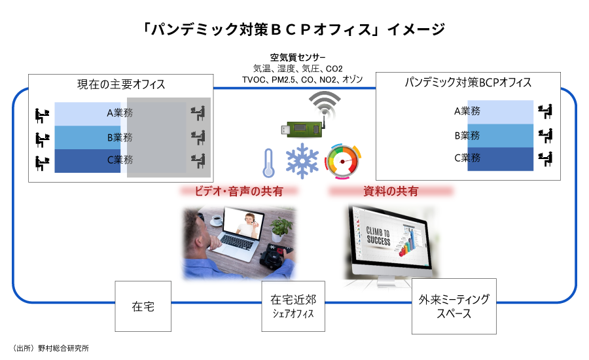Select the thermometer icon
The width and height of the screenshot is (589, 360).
click(x=268, y=163)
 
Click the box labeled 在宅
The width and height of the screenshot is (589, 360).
click(x=143, y=306)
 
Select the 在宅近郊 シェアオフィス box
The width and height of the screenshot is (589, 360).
click(x=293, y=306)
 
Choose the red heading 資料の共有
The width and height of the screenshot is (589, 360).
click(x=391, y=191)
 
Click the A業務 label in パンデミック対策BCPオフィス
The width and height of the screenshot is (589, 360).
click(x=467, y=111)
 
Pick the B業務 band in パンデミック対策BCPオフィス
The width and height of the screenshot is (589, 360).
click(x=501, y=135)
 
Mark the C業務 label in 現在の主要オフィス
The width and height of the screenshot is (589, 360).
click(x=120, y=160)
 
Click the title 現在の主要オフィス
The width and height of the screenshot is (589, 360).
click(x=121, y=84)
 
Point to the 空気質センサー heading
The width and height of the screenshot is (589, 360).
click(x=298, y=57)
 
